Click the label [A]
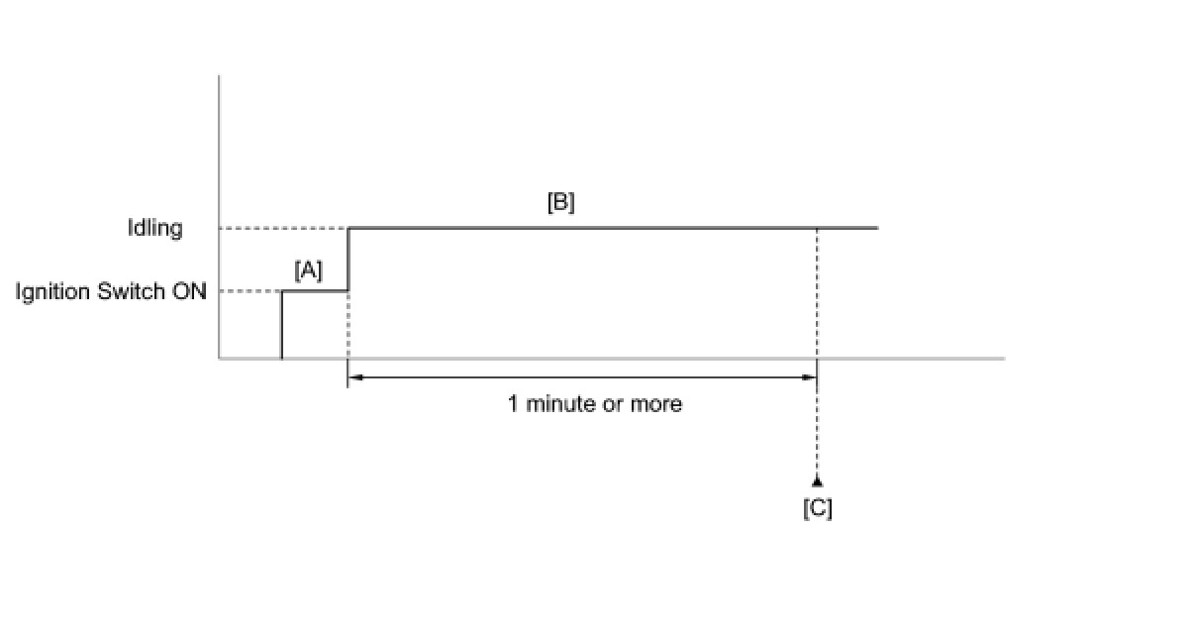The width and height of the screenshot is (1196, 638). tap(308, 270)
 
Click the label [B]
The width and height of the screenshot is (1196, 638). tap(560, 202)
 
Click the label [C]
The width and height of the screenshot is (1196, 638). tap(817, 508)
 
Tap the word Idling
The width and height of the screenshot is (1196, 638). tap(156, 228)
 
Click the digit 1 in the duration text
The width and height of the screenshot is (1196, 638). tap(513, 404)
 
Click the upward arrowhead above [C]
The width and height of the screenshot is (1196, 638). tap(817, 481)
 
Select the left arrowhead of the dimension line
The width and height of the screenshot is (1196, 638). tap(354, 376)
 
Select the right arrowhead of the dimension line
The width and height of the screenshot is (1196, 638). tap(810, 376)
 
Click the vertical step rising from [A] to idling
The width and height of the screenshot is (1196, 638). tap(348, 260)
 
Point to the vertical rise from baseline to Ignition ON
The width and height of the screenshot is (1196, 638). tap(282, 325)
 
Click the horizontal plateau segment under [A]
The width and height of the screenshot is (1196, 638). tap(315, 291)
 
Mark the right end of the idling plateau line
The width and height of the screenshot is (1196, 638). tap(876, 229)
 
